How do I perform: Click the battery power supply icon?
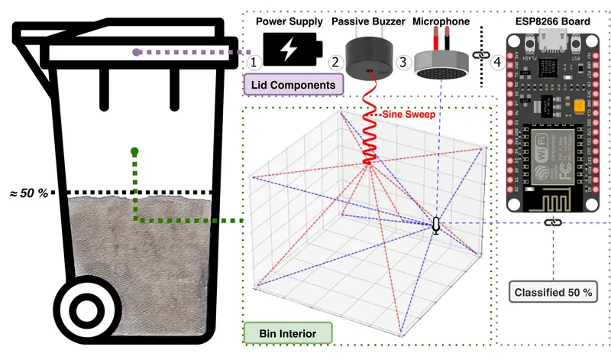(289, 50)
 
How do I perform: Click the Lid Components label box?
(291, 84)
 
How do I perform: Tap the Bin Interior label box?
(289, 333)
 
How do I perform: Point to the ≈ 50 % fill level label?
(29, 193)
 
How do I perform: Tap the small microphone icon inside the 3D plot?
(436, 225)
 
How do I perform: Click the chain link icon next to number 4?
(482, 56)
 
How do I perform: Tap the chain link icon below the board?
(551, 222)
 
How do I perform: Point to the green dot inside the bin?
(134, 151)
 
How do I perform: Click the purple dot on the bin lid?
(137, 52)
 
